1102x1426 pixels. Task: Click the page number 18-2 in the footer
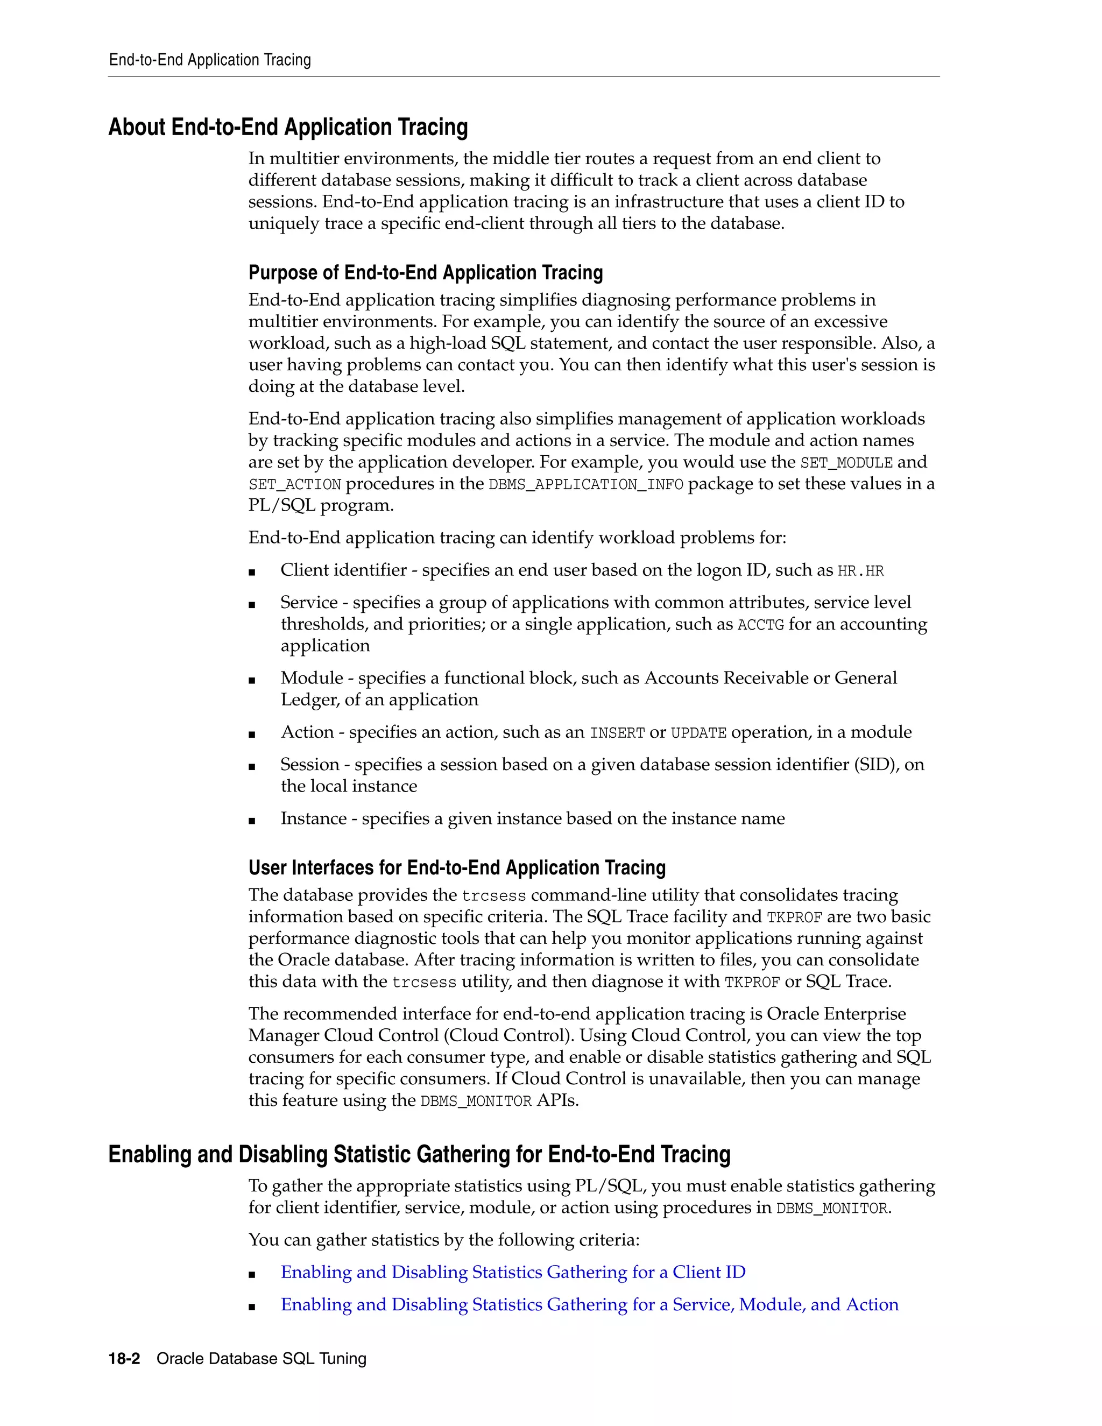(x=124, y=1359)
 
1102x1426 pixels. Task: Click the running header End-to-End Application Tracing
(x=209, y=60)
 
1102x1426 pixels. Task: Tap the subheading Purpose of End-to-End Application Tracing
(x=425, y=272)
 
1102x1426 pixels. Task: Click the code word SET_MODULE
(x=846, y=463)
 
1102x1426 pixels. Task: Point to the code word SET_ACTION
(x=294, y=484)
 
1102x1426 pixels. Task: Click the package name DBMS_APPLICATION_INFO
(x=585, y=484)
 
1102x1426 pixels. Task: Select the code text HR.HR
(x=860, y=571)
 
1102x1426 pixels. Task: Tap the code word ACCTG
(x=760, y=625)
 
